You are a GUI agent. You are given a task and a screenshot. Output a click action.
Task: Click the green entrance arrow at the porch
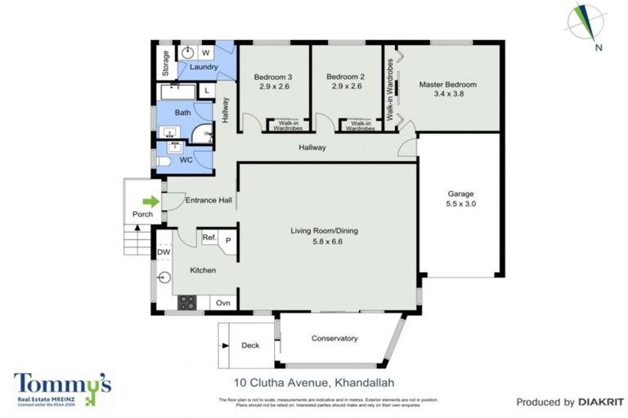(150, 201)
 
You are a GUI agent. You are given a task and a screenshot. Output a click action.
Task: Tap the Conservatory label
(335, 338)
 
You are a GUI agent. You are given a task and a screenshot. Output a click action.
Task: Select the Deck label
(250, 345)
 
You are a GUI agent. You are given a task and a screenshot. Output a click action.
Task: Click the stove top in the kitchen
(187, 302)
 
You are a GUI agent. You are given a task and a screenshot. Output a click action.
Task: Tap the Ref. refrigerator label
(209, 239)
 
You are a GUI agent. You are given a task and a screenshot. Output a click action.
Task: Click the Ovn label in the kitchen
(222, 303)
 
